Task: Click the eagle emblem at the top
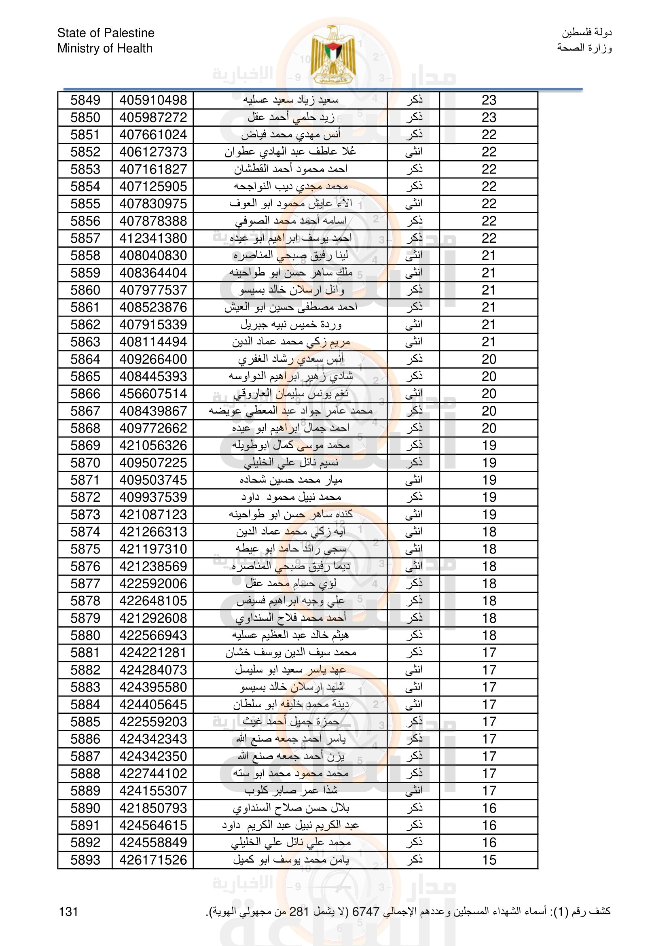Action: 333,55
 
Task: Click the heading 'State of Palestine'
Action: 106,33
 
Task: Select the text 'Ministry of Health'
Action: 105,48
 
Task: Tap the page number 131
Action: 68,911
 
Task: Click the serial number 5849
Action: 85,100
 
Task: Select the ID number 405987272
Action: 153,117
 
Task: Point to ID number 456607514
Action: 153,393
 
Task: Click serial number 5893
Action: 85,860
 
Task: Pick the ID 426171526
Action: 153,860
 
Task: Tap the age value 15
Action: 489,860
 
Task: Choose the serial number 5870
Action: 85,463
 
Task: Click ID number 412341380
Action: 153,238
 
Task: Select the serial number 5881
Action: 85,653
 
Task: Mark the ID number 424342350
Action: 153,756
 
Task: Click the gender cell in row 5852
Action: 414,152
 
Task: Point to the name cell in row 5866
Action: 291,393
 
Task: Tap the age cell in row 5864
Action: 489,359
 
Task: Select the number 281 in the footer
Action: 299,911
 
